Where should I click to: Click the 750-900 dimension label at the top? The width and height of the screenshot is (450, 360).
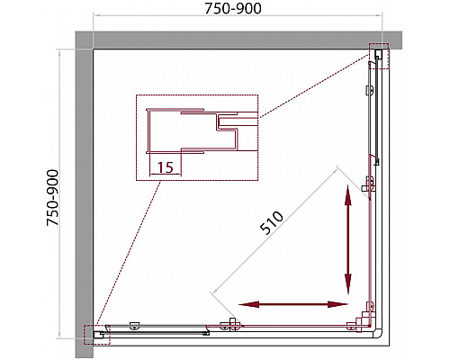click(x=233, y=8)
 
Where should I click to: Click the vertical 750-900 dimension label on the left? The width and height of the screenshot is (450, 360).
click(x=53, y=198)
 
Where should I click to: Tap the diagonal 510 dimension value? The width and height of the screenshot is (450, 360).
click(x=272, y=222)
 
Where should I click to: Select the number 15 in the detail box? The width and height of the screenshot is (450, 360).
click(x=166, y=167)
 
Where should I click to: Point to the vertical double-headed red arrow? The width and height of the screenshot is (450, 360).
click(x=348, y=239)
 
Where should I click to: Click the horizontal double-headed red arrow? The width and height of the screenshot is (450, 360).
click(x=293, y=305)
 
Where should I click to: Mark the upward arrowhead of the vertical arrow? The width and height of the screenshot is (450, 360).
click(x=348, y=195)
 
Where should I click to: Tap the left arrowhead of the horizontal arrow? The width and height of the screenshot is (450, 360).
click(x=248, y=305)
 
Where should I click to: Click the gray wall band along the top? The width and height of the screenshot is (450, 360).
click(x=238, y=40)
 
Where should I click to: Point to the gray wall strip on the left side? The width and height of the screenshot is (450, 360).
click(x=84, y=194)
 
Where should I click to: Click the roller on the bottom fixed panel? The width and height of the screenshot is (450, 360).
click(x=134, y=326)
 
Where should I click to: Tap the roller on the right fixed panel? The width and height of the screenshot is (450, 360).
click(x=371, y=91)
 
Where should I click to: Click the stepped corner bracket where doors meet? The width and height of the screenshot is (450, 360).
click(x=362, y=320)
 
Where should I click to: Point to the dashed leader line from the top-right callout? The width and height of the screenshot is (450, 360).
click(x=314, y=86)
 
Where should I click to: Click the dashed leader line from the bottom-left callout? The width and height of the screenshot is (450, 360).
click(x=129, y=253)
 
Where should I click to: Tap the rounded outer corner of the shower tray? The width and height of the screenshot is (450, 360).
click(x=380, y=335)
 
